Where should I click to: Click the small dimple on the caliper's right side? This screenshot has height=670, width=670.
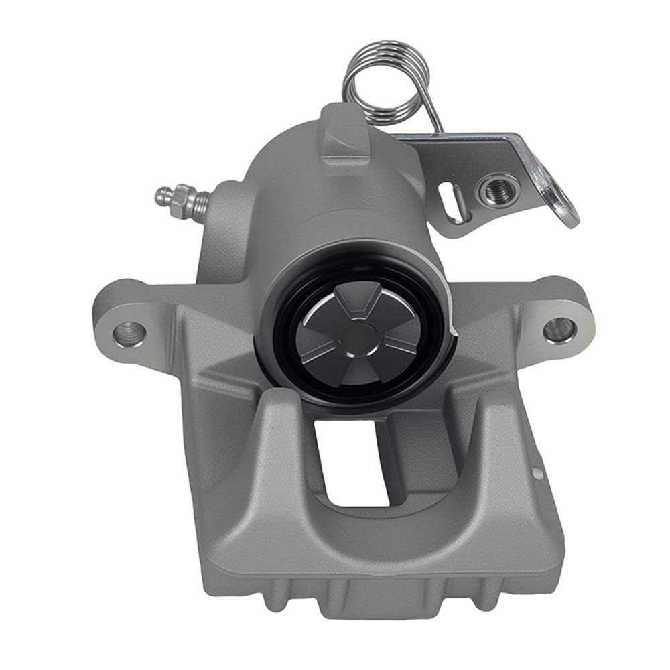(x=536, y=474)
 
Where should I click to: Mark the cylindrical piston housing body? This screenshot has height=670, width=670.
(x=335, y=214)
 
